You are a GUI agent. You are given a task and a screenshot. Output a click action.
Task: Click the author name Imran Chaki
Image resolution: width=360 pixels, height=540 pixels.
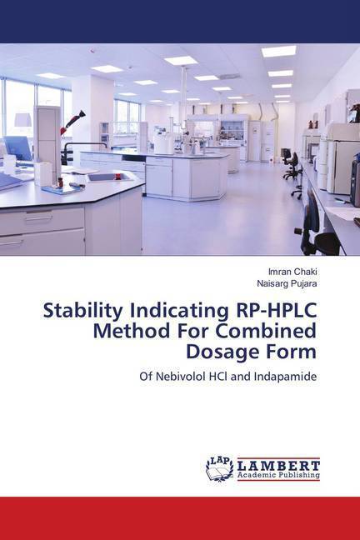coord(292,272)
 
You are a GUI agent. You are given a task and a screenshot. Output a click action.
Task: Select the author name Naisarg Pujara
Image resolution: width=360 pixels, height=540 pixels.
coord(287,284)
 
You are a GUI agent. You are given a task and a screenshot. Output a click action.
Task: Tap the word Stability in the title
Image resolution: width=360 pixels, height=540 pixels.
coord(83,312)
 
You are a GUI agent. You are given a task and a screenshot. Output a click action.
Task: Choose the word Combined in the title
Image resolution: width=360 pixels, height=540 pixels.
coord(265,331)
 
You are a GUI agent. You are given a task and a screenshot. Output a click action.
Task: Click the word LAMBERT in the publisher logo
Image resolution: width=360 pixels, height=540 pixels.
coord(278,466)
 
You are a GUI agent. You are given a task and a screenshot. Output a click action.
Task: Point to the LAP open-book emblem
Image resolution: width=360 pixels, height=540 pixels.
coord(219,468)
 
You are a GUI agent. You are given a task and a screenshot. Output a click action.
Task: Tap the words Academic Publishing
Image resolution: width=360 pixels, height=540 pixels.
coord(278,475)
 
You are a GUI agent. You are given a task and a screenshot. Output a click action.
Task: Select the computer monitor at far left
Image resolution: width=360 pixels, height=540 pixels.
coord(17,148)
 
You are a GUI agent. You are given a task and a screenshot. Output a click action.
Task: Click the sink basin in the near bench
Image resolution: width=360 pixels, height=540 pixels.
coord(109,177)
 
